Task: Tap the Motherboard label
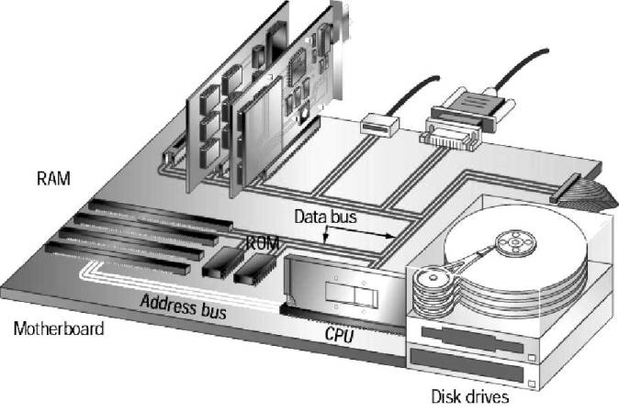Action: tap(58, 328)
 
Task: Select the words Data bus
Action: tap(326, 217)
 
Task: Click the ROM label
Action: tap(262, 244)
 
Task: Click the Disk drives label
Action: tap(469, 397)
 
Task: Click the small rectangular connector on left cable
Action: tap(378, 124)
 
